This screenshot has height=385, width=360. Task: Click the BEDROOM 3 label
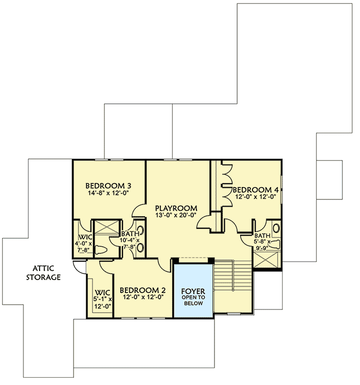pos(109,186)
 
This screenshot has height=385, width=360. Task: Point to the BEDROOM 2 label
pos(142,289)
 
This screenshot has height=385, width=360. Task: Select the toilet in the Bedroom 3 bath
pos(102,251)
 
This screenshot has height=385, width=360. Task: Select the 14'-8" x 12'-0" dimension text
pos(109,194)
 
